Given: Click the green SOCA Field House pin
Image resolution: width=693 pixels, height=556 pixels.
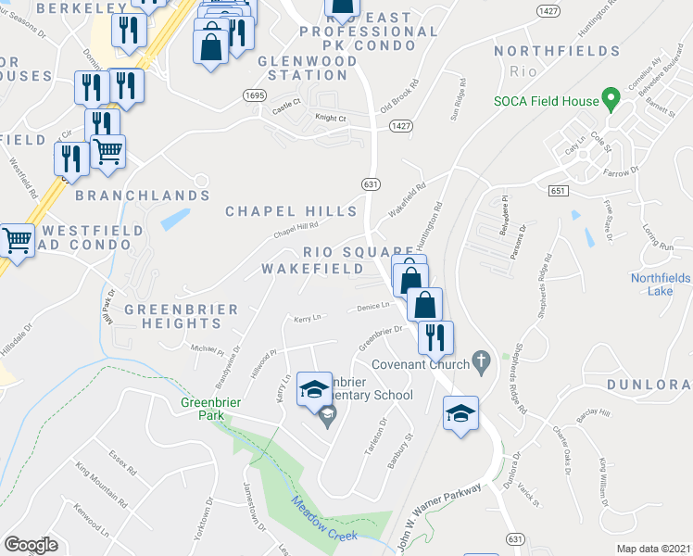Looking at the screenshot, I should [x=611, y=97].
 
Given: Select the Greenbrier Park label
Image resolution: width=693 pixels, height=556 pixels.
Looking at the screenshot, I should [x=206, y=409].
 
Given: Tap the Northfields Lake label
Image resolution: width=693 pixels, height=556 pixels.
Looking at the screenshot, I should [x=661, y=284].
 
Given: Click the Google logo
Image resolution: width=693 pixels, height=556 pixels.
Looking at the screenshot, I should [x=31, y=544].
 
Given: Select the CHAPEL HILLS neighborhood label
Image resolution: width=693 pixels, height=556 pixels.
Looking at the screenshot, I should [x=291, y=212].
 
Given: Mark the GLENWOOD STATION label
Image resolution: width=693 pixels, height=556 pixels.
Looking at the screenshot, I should [x=289, y=68].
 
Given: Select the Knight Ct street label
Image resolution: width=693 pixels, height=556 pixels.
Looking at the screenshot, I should [x=330, y=118].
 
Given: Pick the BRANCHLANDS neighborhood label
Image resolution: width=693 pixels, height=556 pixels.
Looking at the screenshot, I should [x=143, y=196].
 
